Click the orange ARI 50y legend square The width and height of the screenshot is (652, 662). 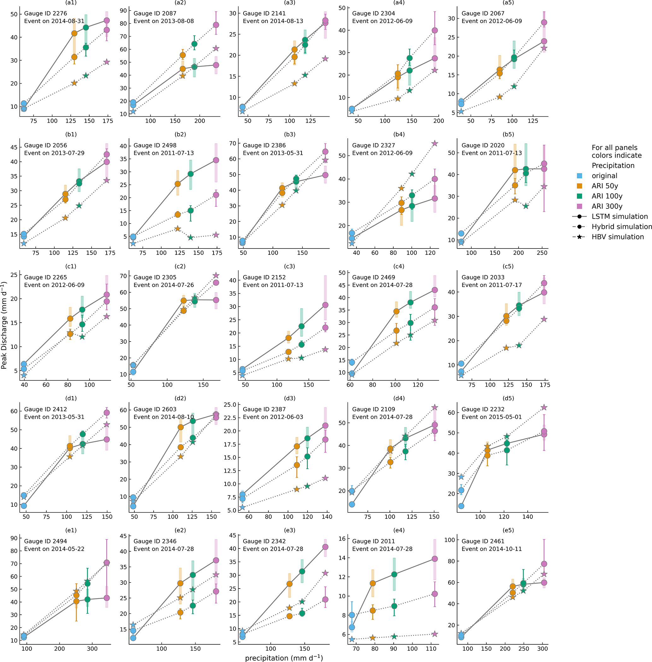tap(579, 186)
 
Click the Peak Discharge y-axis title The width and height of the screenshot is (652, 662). tap(4, 325)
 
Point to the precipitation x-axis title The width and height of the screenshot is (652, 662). tap(284, 658)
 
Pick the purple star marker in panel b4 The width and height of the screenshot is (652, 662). tap(435, 144)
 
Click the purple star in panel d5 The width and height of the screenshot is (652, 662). tap(544, 407)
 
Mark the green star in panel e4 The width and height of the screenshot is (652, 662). tap(394, 636)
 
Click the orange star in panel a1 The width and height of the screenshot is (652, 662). tap(74, 83)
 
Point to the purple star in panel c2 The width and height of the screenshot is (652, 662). tap(216, 275)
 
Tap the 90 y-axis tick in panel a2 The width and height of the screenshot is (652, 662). tap(122, 11)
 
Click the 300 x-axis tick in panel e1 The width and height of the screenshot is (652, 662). tap(92, 649)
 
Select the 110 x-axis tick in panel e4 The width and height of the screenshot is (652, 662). tap(431, 649)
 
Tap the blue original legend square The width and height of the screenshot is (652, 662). tap(579, 176)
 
